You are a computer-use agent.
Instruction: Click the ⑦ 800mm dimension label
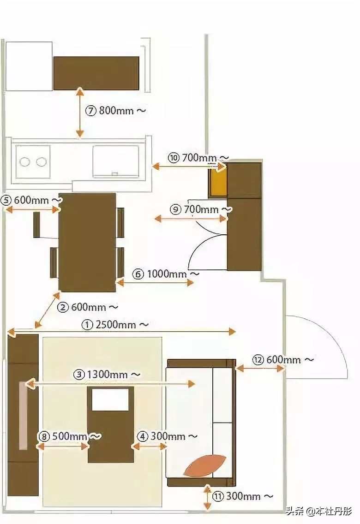116,111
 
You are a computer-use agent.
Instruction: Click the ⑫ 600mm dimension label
283,359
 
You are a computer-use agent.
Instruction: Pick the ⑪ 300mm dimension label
243,496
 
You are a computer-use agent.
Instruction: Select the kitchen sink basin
115,161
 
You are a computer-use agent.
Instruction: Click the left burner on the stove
25,162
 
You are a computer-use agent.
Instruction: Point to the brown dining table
87,242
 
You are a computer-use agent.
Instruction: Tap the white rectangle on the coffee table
110,399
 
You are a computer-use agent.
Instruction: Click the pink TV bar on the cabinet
23,415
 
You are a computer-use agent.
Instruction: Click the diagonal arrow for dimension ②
47,310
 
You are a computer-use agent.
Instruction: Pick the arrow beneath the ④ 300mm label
149,446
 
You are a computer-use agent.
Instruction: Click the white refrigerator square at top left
29,66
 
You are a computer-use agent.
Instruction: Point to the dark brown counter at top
96,73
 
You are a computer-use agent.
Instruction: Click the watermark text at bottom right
318,511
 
